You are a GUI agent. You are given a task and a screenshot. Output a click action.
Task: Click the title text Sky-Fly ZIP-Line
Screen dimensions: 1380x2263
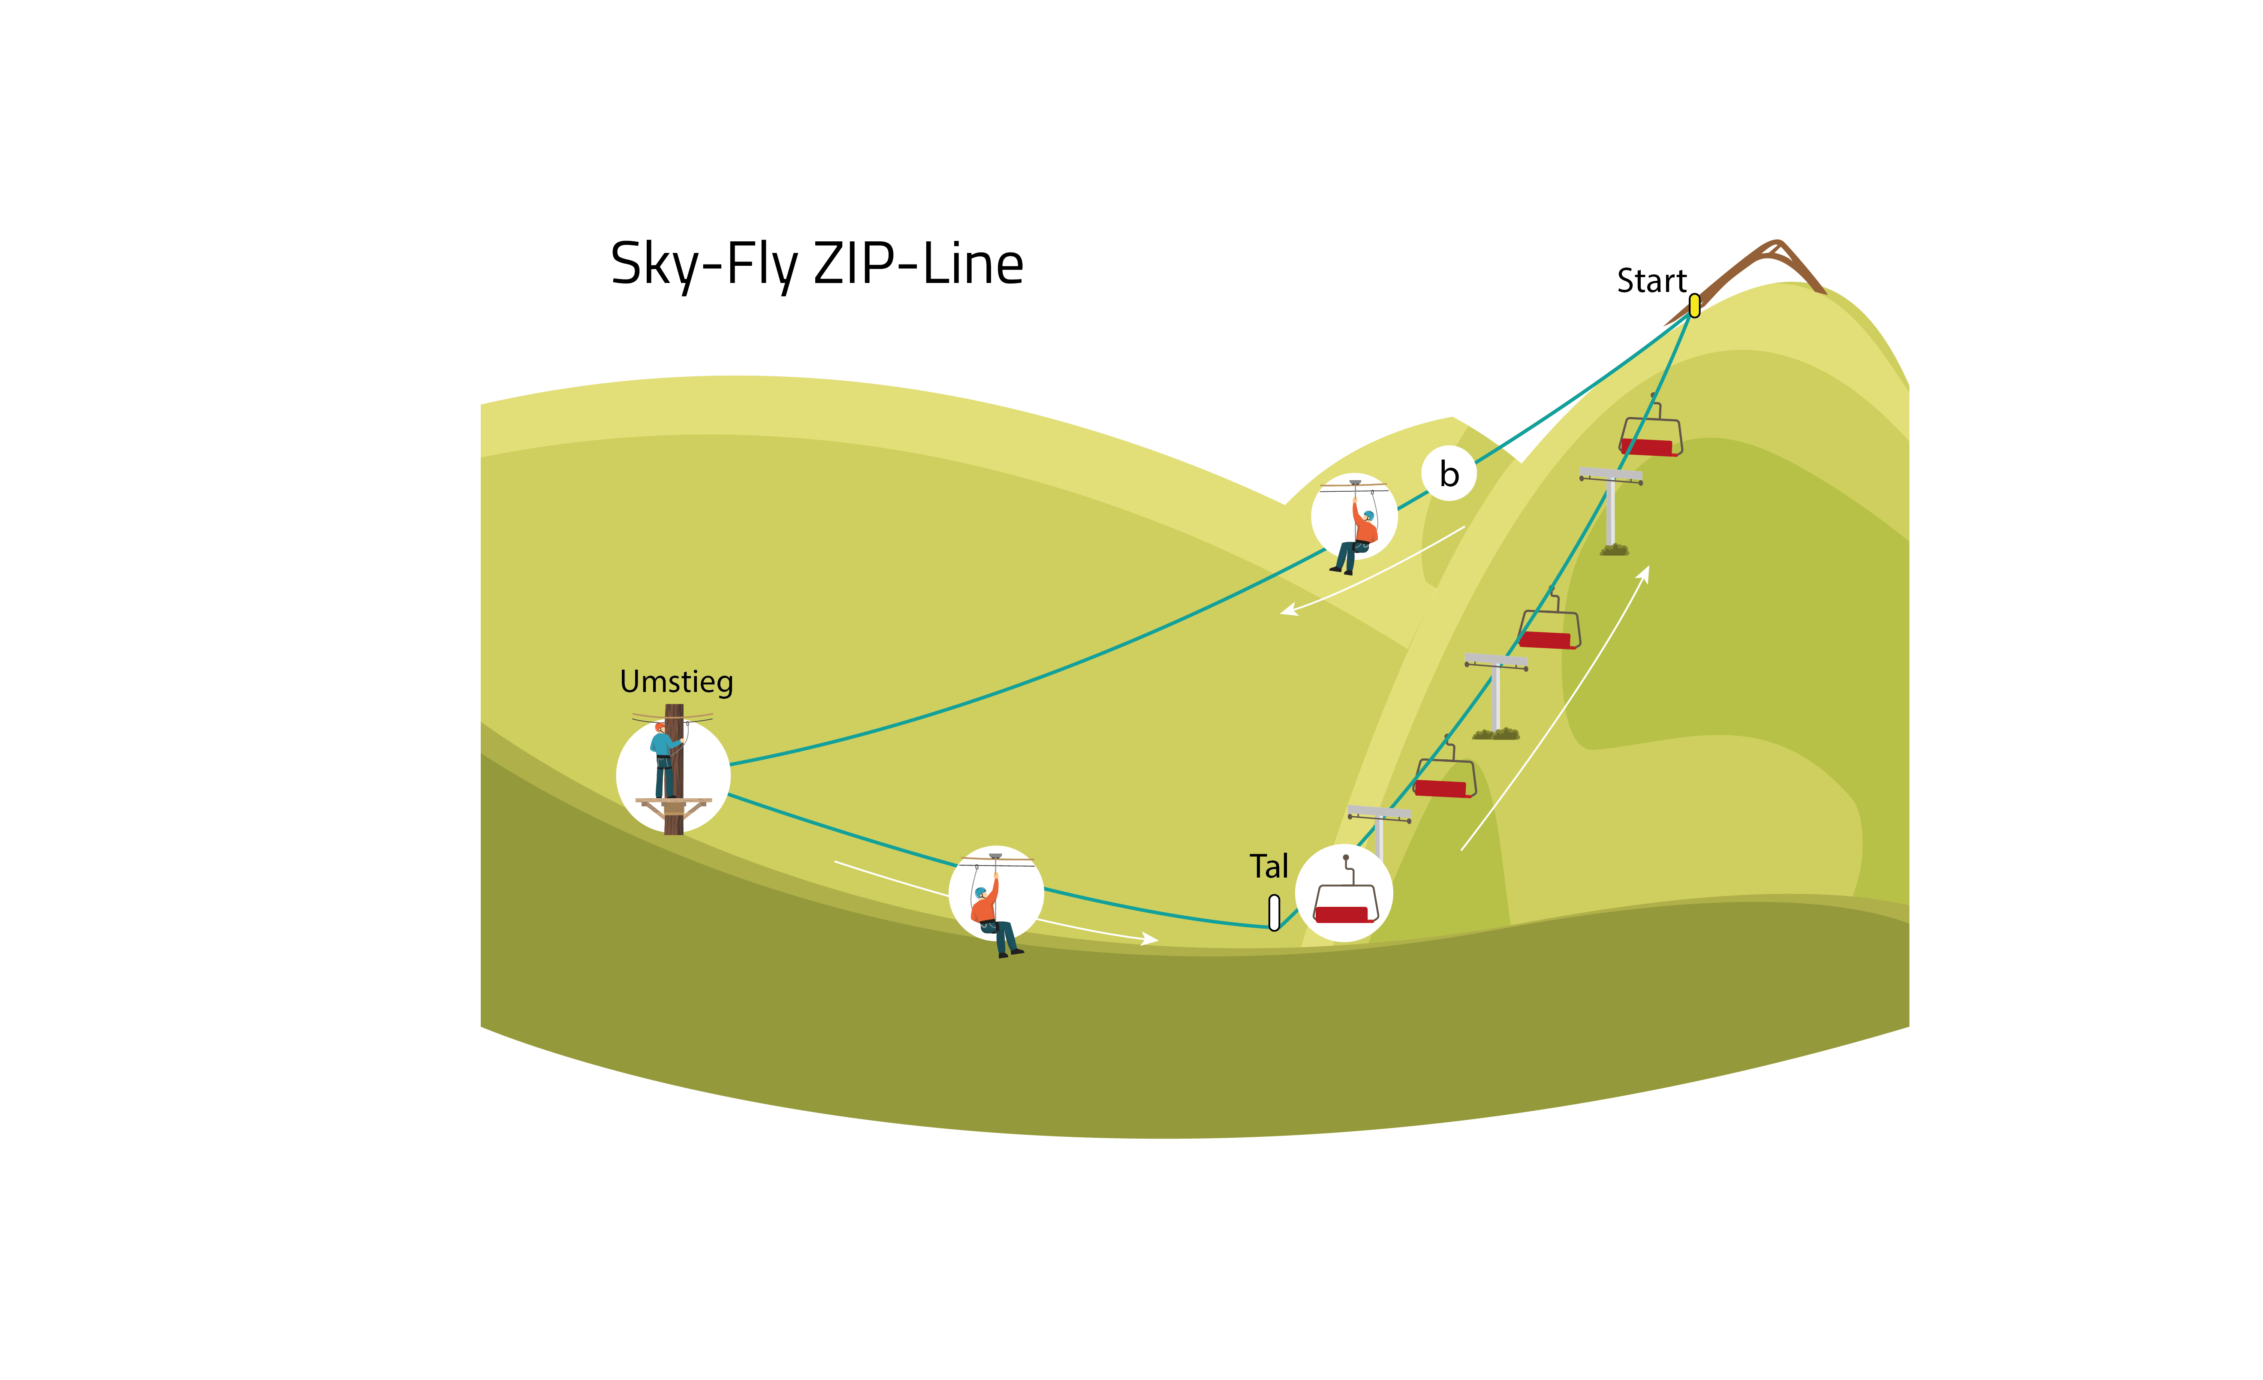(x=817, y=265)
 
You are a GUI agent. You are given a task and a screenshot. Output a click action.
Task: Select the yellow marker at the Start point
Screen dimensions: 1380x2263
(x=1694, y=306)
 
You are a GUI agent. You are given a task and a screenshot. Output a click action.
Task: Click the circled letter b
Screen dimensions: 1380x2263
(x=1449, y=474)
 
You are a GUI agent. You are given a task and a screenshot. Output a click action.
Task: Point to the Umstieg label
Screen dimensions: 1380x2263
(x=676, y=682)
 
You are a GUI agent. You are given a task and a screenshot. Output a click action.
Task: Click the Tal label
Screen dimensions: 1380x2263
(x=1269, y=866)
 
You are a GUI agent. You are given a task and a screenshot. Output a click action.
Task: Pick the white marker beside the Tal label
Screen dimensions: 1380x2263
(x=1274, y=913)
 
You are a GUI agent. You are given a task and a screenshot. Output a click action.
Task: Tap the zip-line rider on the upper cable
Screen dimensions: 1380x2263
(x=1356, y=534)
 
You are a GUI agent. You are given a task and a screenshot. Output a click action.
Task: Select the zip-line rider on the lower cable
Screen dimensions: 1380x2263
(x=992, y=914)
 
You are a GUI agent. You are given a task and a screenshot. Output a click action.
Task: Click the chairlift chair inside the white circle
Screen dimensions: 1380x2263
(x=1346, y=900)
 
